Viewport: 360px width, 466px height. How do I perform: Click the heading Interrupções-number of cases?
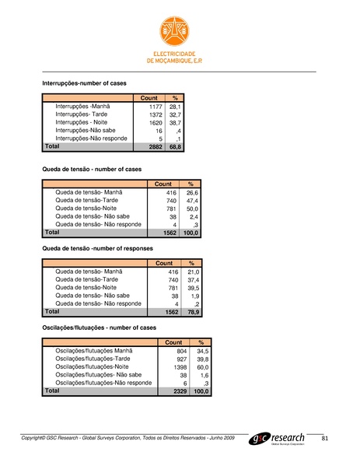click(x=84, y=82)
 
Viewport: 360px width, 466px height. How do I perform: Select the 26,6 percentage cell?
click(x=194, y=191)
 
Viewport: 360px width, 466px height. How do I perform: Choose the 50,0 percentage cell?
click(x=194, y=208)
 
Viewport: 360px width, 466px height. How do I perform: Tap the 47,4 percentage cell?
click(x=194, y=200)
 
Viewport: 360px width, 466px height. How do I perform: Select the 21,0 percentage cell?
click(x=194, y=272)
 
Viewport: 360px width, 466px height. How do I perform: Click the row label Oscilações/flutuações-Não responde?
click(x=104, y=383)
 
